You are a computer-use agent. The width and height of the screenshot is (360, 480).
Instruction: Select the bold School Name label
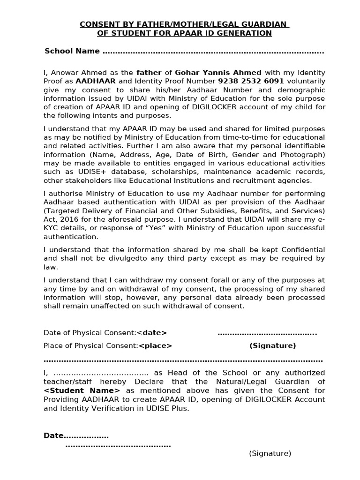point(72,51)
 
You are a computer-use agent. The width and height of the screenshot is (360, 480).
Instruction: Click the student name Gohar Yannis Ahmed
point(218,73)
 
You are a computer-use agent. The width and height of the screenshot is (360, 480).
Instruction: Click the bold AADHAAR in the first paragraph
point(96,81)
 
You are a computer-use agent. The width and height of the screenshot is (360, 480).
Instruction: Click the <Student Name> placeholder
point(82,390)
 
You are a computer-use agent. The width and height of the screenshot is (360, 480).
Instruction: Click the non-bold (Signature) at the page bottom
point(270,453)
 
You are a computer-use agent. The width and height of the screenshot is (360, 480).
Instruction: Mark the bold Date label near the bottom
point(53,435)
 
